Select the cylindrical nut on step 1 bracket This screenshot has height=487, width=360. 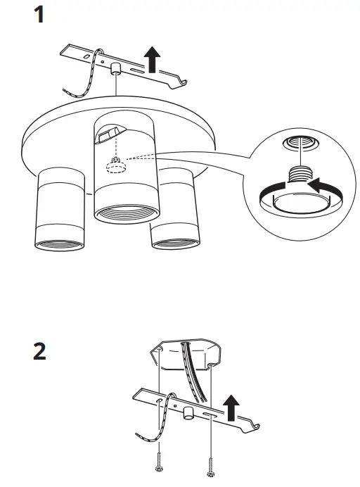click(113, 68)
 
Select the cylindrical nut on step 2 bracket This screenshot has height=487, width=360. click(189, 414)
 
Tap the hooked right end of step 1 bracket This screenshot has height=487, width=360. click(184, 84)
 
